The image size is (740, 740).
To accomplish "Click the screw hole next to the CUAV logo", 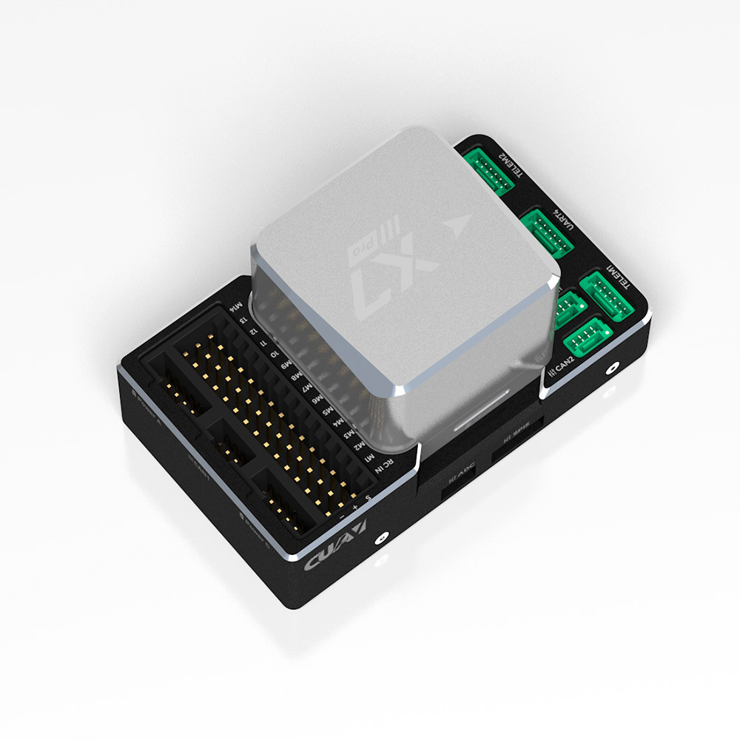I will tap(383, 538).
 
